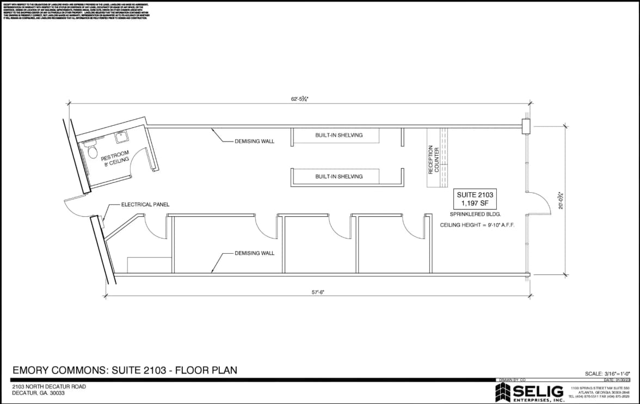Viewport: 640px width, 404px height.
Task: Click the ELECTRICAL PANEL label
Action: click(145, 205)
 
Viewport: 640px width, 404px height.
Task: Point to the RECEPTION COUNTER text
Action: click(434, 159)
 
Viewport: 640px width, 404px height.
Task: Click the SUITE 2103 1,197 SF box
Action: click(476, 199)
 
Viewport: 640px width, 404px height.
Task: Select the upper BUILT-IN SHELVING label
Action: click(339, 135)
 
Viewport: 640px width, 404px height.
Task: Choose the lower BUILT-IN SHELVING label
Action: click(339, 176)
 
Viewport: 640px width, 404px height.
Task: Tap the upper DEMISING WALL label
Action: click(254, 141)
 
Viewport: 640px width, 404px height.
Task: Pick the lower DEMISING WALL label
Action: click(254, 253)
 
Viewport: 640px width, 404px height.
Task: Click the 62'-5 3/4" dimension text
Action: click(299, 99)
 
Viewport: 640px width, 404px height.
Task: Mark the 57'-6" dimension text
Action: click(318, 292)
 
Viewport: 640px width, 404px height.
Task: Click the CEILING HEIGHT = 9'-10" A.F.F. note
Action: click(477, 225)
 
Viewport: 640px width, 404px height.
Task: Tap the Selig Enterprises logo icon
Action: click(502, 392)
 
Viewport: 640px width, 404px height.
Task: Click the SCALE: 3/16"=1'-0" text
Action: click(607, 374)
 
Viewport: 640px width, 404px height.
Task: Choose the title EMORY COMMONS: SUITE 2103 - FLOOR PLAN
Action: click(125, 370)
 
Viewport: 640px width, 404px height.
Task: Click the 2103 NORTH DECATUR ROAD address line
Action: click(49, 387)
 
